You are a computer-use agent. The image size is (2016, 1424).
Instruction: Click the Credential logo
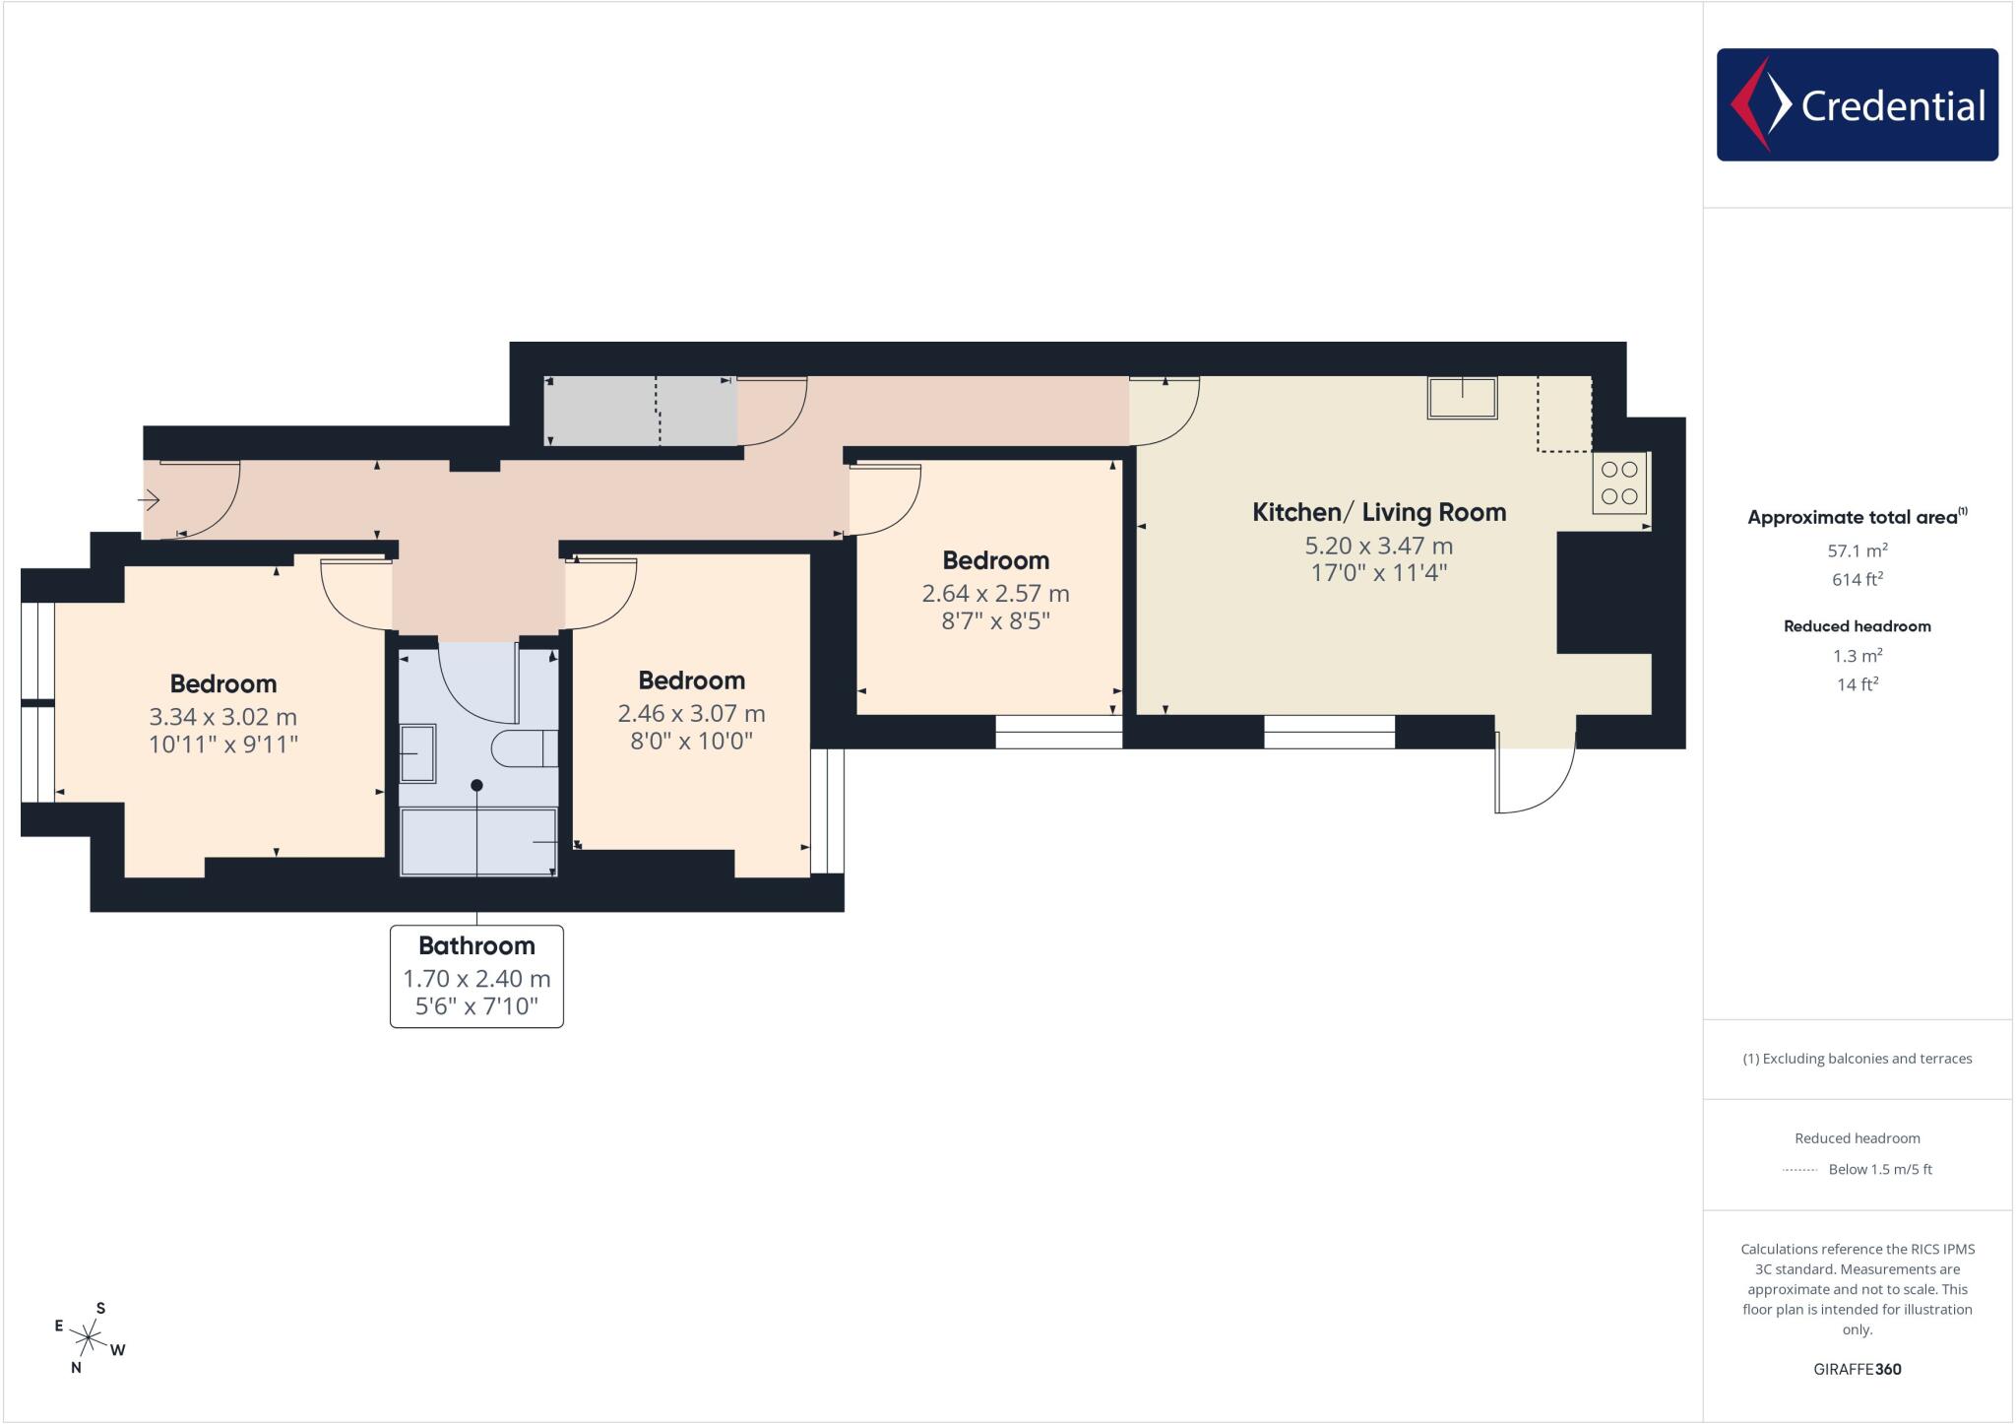tap(1857, 104)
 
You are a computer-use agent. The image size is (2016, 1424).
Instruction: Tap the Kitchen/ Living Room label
tap(1378, 512)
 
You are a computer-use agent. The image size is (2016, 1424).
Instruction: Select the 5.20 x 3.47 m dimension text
tap(1378, 546)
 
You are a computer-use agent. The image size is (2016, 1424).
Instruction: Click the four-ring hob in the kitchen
tap(1619, 484)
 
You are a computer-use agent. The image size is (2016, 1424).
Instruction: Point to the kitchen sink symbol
tap(1462, 398)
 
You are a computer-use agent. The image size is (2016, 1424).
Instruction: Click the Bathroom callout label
tap(476, 945)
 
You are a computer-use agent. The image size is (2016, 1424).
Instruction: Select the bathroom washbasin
tap(418, 753)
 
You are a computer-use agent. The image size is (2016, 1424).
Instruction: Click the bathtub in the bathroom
tap(478, 841)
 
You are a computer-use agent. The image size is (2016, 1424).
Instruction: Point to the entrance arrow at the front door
tap(149, 501)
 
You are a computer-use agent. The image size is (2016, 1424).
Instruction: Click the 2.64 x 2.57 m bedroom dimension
tap(995, 594)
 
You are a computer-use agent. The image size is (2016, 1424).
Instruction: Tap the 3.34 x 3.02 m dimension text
tap(222, 717)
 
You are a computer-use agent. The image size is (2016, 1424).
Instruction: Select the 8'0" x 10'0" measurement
tap(691, 741)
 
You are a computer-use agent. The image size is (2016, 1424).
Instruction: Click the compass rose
tap(90, 1337)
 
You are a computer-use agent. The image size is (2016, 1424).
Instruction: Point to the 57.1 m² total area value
tap(1857, 550)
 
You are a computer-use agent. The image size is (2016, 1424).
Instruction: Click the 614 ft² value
tap(1857, 579)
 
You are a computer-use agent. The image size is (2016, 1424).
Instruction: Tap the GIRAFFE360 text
tap(1857, 1369)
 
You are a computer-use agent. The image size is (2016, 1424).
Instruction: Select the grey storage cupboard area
tap(640, 411)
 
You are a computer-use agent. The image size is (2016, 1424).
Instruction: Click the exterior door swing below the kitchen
tap(1534, 778)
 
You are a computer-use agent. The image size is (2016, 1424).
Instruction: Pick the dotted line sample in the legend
tap(1799, 1170)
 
